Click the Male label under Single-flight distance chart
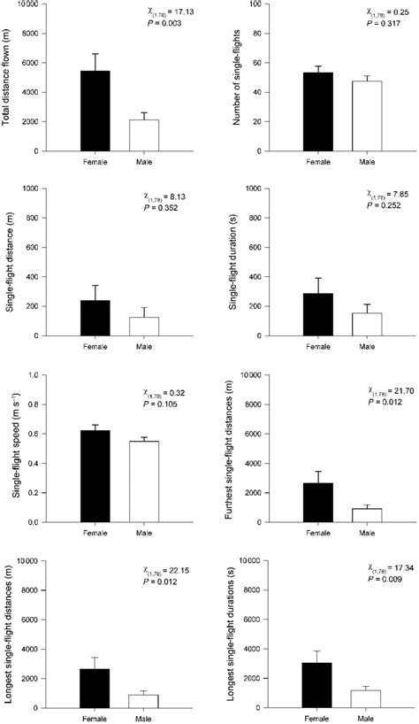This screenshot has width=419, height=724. [143, 346]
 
